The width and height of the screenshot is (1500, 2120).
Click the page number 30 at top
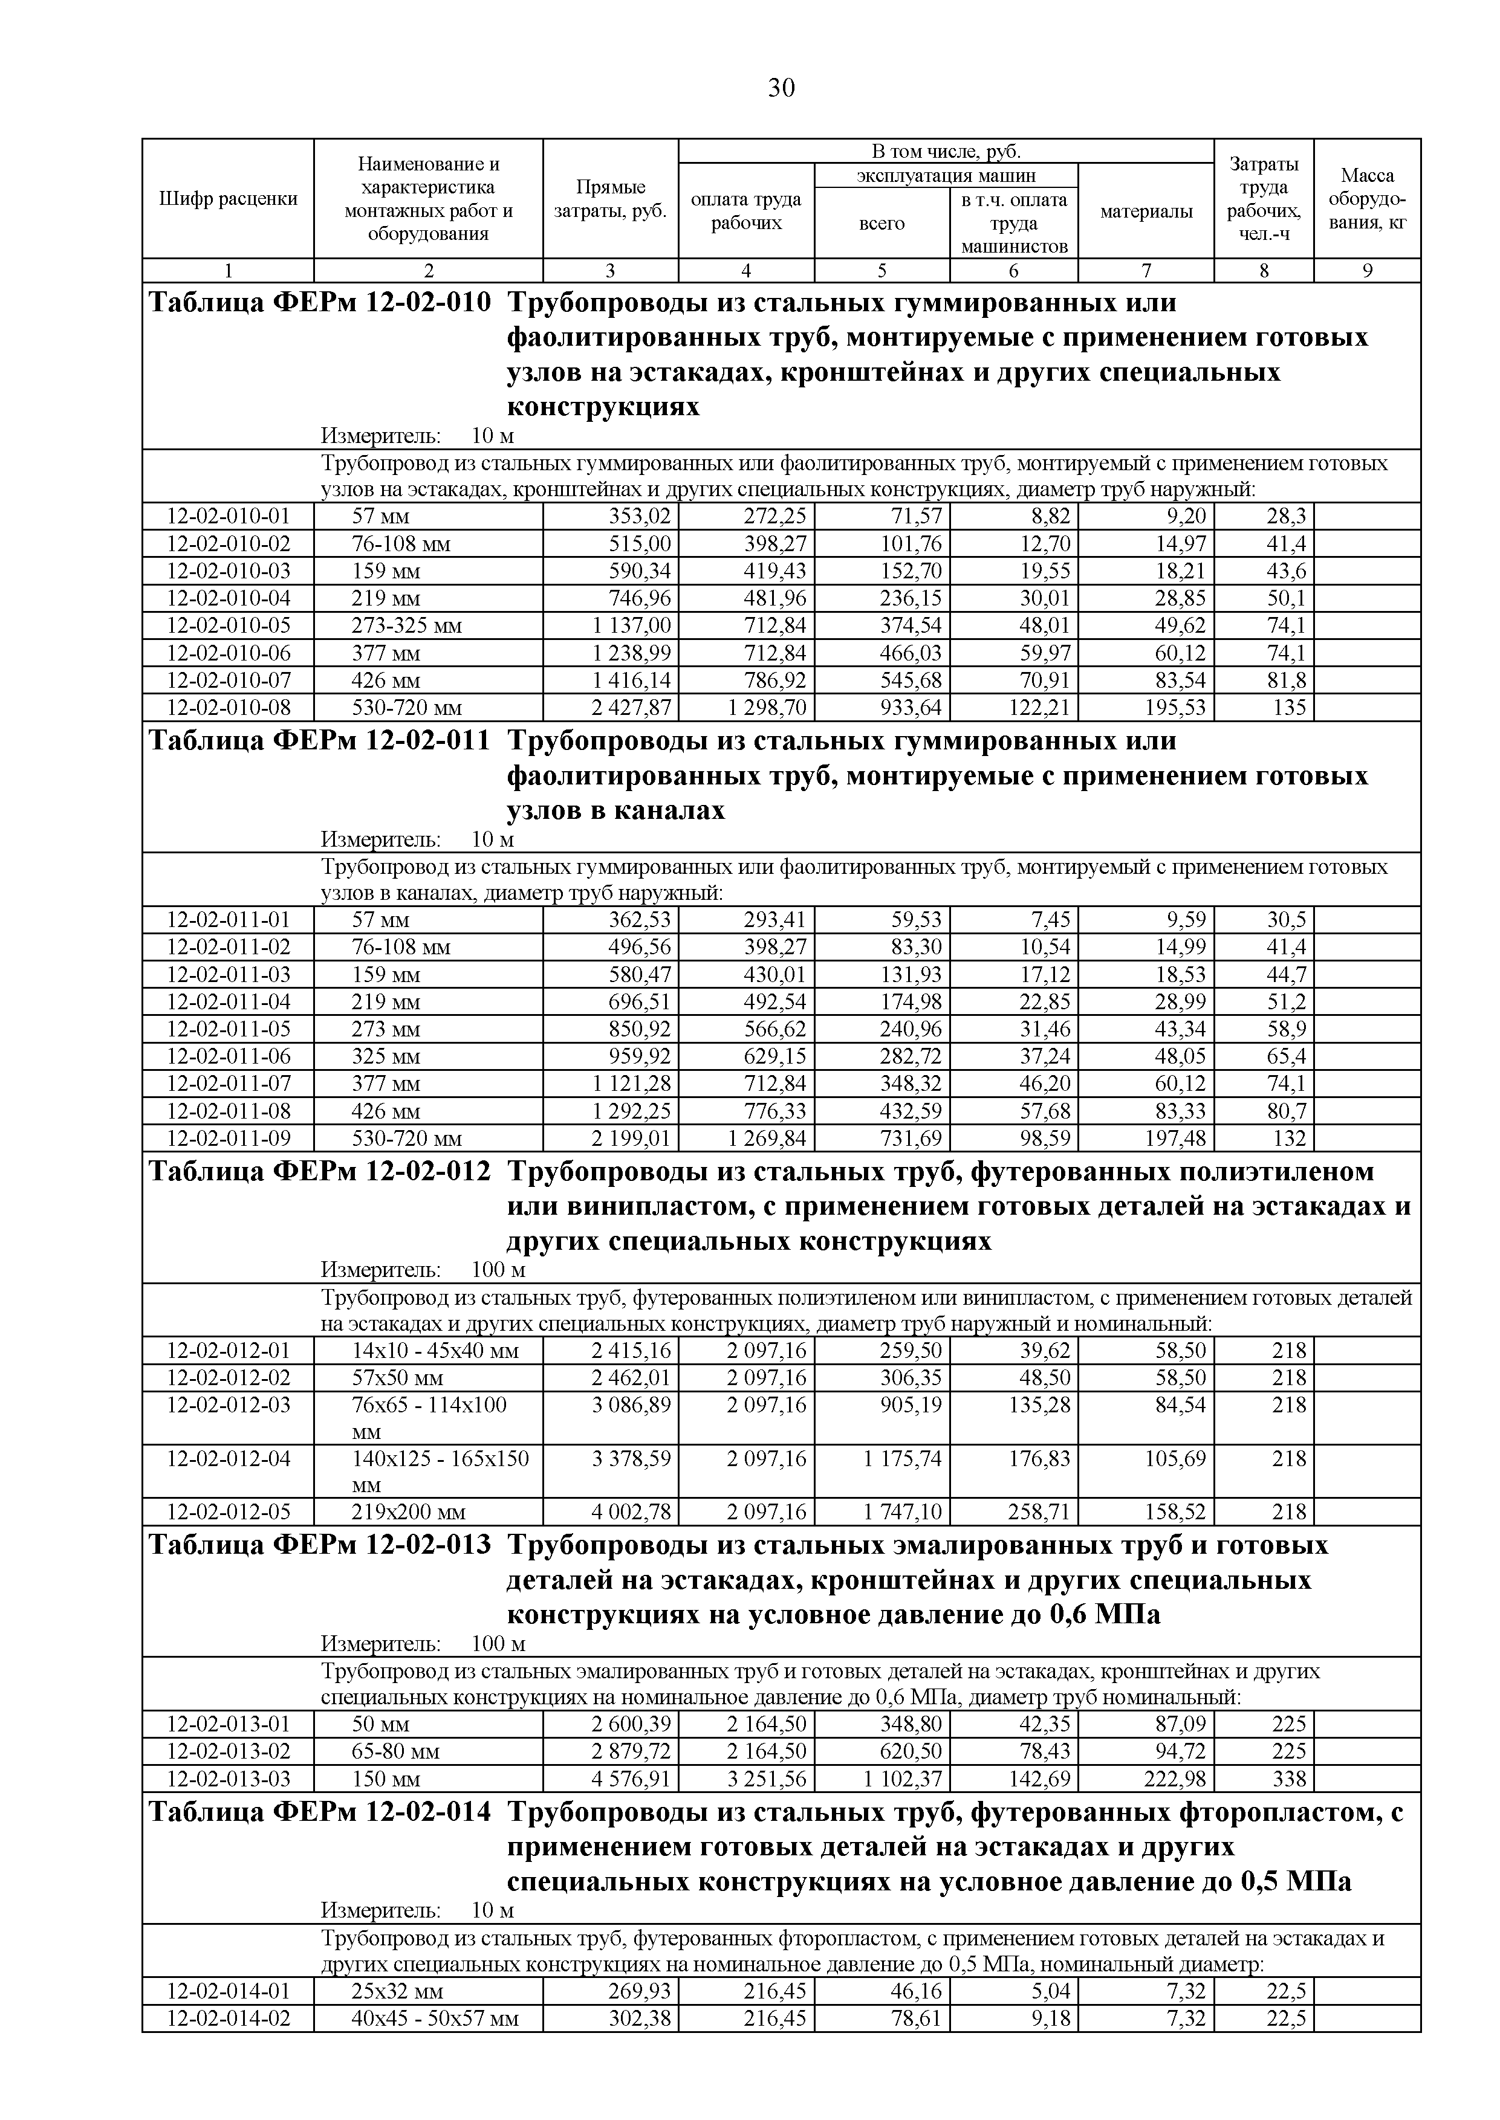coord(781,88)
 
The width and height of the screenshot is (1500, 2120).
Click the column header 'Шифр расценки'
coord(228,198)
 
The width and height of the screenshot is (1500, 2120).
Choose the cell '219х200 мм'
coord(408,1513)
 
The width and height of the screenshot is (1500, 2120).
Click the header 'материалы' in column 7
coord(1146,212)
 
